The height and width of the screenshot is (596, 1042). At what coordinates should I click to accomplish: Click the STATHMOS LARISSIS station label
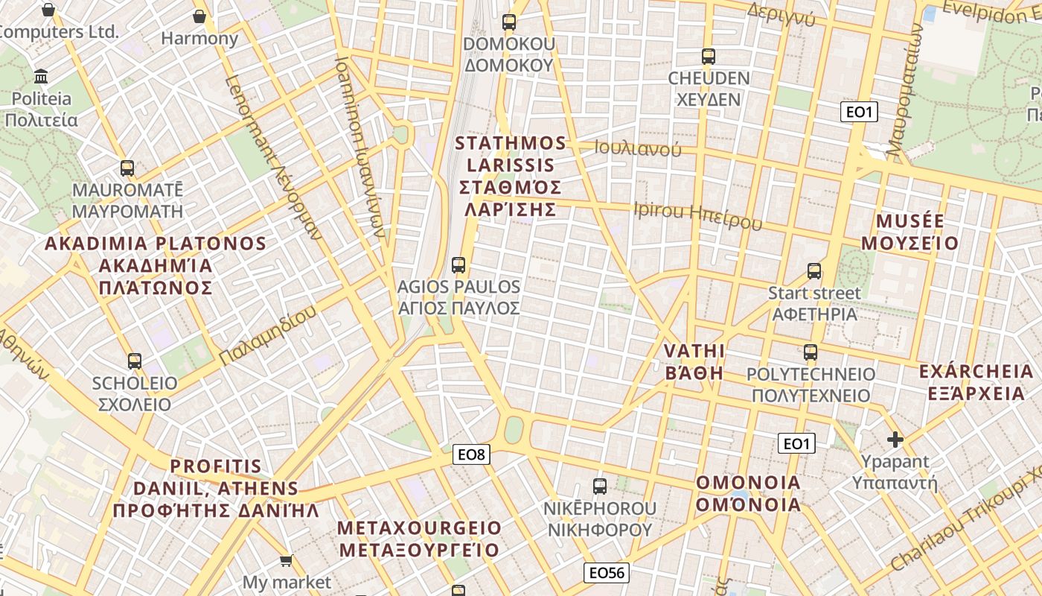510,176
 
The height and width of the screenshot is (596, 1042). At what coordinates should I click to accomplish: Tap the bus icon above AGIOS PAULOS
458,264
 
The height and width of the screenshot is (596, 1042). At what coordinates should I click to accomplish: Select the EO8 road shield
472,454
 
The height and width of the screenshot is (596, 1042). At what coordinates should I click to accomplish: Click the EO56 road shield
607,572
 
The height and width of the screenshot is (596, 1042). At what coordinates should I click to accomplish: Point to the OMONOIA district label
748,493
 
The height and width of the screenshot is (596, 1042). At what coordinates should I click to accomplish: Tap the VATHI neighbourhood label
694,361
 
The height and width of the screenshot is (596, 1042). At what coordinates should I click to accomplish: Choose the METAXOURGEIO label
419,539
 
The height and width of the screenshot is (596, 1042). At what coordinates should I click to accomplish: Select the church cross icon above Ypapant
895,440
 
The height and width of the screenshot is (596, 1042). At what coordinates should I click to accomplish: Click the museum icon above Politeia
42,77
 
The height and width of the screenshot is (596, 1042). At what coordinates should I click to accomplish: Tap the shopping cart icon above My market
287,560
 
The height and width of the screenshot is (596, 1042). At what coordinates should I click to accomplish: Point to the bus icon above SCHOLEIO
135,361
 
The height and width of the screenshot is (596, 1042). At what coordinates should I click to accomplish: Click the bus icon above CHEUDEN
709,56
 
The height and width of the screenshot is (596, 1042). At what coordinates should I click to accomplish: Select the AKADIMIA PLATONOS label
156,265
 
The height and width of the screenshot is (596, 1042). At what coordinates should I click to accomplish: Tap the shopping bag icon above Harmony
199,16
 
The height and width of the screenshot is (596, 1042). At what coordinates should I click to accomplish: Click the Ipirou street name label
697,215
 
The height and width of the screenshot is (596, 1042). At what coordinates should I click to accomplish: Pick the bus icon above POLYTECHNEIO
811,352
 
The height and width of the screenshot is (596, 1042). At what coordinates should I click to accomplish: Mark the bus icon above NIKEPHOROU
600,486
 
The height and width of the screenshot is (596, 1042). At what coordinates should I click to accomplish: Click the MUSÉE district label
910,232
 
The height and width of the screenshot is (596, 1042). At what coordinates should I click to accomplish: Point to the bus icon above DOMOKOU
509,22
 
